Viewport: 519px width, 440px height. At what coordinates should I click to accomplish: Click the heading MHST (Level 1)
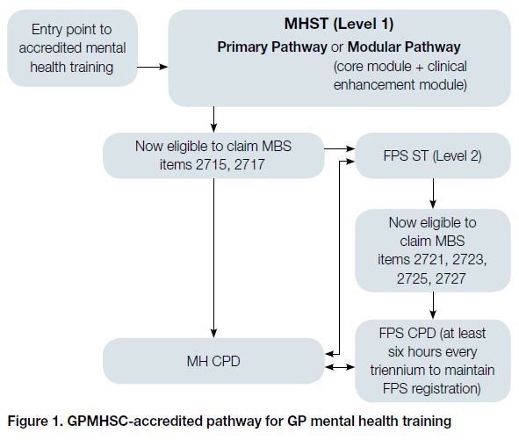(x=339, y=24)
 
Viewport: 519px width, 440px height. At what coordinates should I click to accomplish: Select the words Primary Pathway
(x=272, y=47)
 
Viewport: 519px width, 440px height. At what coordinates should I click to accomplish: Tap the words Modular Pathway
(x=404, y=47)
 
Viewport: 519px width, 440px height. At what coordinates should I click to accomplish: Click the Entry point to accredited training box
(x=72, y=48)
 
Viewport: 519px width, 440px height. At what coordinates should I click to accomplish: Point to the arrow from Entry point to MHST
(x=153, y=67)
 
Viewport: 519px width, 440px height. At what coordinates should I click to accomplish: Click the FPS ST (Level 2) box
(x=433, y=155)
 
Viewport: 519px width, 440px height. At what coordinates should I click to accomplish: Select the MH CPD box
(x=213, y=361)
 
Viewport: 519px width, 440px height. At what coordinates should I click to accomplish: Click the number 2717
(x=249, y=164)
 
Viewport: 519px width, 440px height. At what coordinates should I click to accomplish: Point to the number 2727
(x=451, y=278)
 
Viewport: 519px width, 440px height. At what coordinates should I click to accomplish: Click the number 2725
(x=412, y=278)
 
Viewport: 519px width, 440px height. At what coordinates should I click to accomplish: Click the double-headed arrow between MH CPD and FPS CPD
(x=340, y=367)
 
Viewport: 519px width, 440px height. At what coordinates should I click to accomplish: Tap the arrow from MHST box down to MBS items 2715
(x=213, y=119)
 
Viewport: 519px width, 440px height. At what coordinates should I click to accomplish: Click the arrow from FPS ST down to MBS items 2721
(x=433, y=194)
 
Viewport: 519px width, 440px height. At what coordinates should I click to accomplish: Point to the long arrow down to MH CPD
(x=213, y=258)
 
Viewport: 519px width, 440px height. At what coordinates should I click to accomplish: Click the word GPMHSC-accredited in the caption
(x=135, y=422)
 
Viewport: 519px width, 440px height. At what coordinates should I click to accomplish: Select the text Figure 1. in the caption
(x=35, y=422)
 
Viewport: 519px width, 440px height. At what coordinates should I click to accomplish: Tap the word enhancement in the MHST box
(x=374, y=85)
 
